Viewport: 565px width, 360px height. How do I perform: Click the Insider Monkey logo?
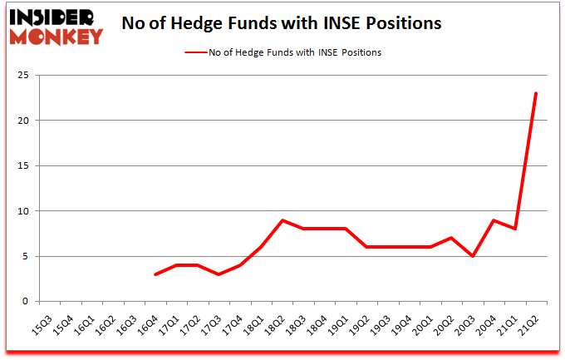coord(56,25)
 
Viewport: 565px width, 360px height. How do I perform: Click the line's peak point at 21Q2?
coord(536,93)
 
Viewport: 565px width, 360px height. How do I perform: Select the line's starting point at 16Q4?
coord(155,274)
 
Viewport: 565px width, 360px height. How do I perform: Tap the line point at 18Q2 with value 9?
coord(282,219)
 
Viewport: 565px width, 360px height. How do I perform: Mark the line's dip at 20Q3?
coord(473,256)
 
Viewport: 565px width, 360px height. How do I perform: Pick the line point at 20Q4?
coord(494,219)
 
